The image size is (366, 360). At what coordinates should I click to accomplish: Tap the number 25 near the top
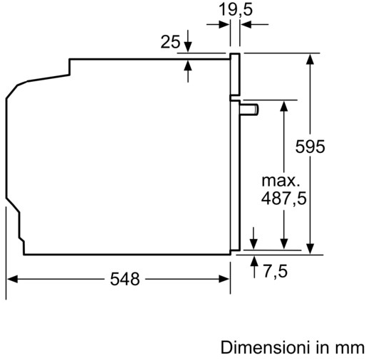coord(170,43)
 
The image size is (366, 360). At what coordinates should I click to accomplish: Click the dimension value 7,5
coord(274,270)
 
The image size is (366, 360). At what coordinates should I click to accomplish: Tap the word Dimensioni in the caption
coord(264,349)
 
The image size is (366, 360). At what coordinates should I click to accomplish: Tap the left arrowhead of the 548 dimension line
coord(12,278)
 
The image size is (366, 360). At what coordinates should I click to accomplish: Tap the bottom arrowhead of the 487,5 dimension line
coord(283,244)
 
